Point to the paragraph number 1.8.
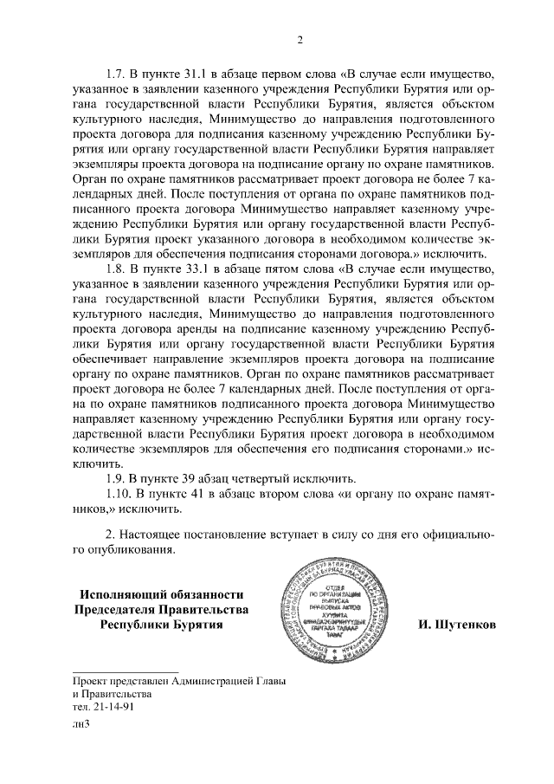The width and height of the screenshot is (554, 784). coord(115,268)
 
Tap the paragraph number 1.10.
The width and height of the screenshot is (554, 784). coord(118,494)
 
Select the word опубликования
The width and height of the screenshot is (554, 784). coord(133,550)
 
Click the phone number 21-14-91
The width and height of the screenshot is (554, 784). coord(109,705)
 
